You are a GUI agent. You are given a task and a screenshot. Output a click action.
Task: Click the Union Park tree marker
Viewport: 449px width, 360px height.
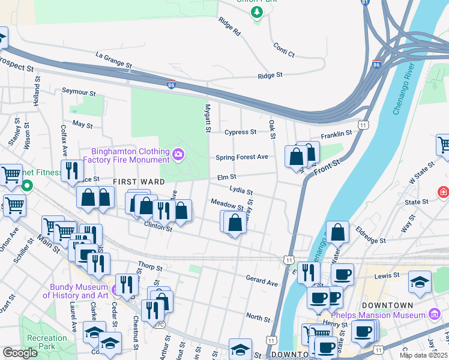[x=257, y=12]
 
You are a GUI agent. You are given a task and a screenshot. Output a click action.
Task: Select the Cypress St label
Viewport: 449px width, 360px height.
[x=240, y=132]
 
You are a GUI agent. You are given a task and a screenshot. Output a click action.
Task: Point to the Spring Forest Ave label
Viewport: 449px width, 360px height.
[x=242, y=158]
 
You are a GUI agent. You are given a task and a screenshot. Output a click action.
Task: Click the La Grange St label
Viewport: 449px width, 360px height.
[x=113, y=60]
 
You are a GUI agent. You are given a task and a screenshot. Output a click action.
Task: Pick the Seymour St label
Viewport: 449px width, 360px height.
[x=79, y=92]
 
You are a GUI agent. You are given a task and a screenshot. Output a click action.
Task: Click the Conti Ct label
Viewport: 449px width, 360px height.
[x=283, y=50]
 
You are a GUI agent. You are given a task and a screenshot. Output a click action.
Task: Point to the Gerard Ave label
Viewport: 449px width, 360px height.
[x=262, y=281]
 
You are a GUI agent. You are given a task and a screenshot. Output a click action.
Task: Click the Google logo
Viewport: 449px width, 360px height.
[x=20, y=353]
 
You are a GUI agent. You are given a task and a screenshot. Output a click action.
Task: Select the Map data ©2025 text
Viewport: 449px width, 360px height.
[x=423, y=355]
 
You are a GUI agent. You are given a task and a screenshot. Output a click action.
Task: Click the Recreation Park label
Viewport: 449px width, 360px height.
[x=47, y=343]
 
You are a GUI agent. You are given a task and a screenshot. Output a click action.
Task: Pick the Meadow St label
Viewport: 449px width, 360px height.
[x=226, y=205]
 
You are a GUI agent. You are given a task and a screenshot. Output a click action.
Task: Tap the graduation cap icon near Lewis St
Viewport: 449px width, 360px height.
[x=420, y=281]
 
